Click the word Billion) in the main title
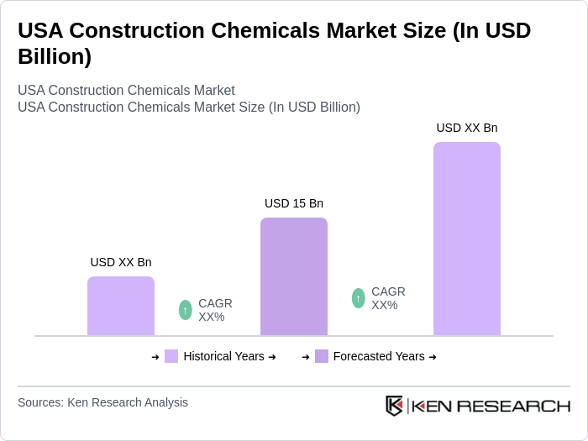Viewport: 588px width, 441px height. pos(55,57)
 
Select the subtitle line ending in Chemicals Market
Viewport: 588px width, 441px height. pos(126,90)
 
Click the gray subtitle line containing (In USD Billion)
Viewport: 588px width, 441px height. pos(188,107)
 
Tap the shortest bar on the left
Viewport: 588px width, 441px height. pos(121,307)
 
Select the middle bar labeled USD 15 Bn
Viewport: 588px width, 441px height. pos(294,277)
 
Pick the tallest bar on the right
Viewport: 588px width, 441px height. pos(467,239)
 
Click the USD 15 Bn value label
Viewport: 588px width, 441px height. pos(294,203)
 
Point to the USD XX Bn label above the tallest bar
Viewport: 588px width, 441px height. pos(467,128)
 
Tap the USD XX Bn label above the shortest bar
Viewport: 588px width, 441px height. pos(121,262)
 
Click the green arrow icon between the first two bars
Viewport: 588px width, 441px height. pos(186,310)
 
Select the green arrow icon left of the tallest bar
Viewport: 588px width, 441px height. pos(359,298)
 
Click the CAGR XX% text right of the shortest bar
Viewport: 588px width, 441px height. pos(215,310)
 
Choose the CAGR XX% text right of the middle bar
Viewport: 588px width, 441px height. pos(388,298)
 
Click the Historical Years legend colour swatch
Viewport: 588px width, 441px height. pos(171,356)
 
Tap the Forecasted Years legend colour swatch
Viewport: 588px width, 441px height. pos(322,356)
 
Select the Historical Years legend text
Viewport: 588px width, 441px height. pos(223,356)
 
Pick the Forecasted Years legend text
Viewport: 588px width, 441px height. pos(379,356)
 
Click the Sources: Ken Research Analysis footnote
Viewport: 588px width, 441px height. pos(102,402)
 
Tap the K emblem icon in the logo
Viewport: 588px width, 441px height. pos(394,406)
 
